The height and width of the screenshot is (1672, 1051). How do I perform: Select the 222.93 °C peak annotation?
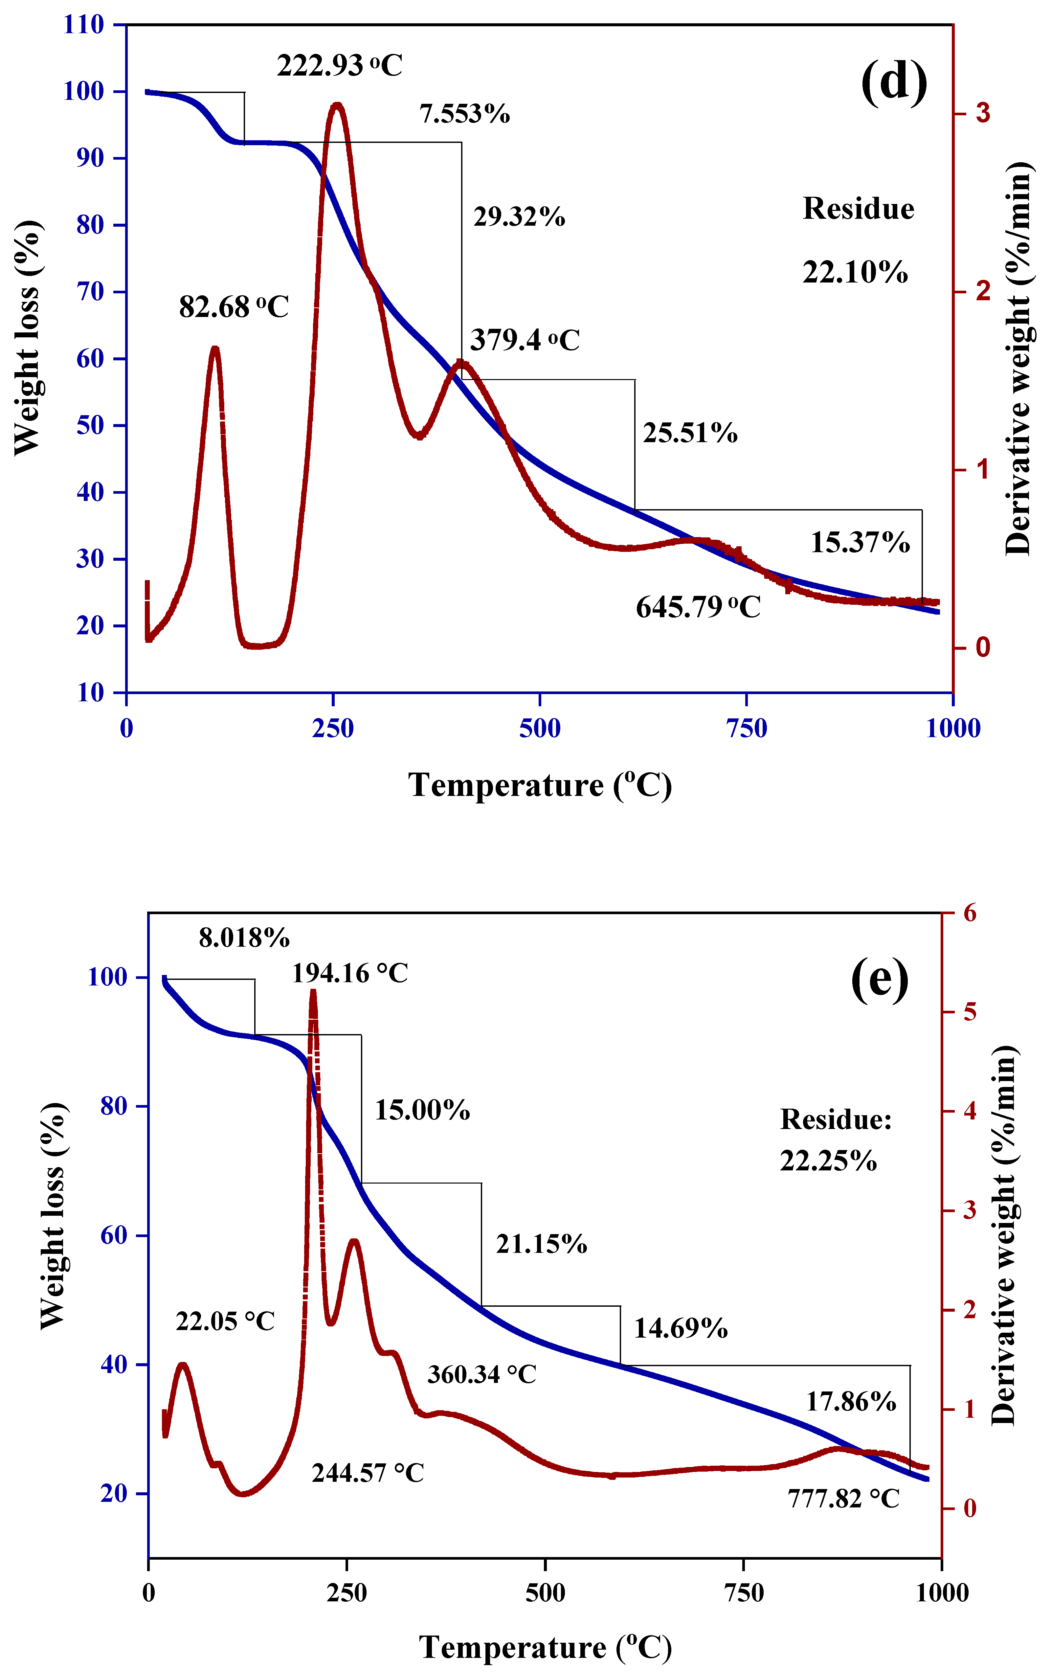tap(340, 66)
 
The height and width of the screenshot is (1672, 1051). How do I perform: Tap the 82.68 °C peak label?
tap(233, 307)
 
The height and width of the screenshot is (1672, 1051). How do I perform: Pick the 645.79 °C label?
tap(698, 608)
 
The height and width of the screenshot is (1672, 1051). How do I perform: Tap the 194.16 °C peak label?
tap(349, 974)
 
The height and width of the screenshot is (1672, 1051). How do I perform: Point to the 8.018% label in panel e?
tap(244, 938)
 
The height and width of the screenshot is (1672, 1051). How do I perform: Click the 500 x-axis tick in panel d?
tap(539, 728)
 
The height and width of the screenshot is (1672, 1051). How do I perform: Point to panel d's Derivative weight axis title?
tap(1018, 359)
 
